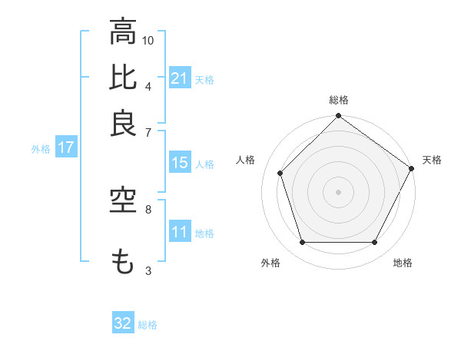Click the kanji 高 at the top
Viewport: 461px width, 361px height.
tap(123, 33)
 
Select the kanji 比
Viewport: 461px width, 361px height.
tap(123, 78)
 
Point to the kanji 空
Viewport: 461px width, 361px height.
tap(123, 201)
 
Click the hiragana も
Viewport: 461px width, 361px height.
tap(123, 262)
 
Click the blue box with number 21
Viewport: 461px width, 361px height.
tap(179, 78)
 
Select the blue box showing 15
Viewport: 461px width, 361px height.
tap(179, 163)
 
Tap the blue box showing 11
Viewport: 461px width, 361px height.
tap(179, 232)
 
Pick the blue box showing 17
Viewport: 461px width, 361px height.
tap(65, 148)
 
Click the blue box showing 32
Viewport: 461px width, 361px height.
tap(123, 323)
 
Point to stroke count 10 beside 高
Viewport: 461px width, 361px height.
tap(148, 40)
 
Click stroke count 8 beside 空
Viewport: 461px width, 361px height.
tap(148, 208)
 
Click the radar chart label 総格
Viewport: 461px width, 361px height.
tap(339, 101)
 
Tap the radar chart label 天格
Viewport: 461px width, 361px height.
tap(432, 160)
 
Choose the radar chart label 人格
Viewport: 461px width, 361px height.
tap(246, 160)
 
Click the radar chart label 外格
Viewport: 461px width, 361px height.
tap(270, 263)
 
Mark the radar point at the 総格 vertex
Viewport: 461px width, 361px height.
tap(339, 117)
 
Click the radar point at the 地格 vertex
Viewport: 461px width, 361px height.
tap(375, 243)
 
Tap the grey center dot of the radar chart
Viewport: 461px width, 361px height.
tap(339, 191)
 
